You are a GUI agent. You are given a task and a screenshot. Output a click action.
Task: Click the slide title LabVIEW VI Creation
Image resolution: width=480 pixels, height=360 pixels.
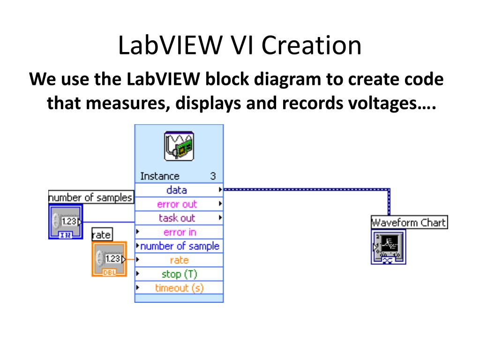(240, 46)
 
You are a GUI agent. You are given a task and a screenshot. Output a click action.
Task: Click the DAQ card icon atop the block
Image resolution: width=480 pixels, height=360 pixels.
(179, 146)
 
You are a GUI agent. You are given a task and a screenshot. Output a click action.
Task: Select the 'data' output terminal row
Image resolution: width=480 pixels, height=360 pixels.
(177, 190)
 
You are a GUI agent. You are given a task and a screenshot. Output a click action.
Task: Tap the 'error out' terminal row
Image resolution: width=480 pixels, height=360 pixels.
(177, 204)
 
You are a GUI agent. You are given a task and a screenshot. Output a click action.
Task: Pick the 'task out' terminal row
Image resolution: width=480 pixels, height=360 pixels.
(177, 218)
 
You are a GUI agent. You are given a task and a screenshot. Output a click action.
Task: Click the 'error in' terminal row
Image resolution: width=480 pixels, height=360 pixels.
(180, 232)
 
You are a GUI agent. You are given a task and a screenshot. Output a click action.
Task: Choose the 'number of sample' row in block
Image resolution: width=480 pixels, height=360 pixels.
(180, 246)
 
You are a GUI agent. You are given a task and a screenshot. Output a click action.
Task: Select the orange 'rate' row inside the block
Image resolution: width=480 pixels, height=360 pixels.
(180, 260)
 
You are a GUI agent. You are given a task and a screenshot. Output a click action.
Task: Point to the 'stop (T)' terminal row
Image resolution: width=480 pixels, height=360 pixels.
(180, 274)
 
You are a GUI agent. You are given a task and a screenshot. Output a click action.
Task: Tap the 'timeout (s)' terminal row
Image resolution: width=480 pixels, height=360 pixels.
(180, 288)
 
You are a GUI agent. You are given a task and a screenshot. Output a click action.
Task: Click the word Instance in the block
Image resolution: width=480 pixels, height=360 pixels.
(160, 176)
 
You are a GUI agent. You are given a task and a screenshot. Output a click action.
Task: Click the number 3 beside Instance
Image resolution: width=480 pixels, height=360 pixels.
(213, 176)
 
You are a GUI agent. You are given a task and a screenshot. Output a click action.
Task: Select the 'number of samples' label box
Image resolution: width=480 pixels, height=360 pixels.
(91, 197)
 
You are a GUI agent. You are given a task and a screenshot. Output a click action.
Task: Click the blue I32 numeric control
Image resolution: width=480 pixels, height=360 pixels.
(66, 222)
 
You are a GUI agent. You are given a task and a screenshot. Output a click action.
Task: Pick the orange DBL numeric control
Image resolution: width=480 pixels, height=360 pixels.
(108, 259)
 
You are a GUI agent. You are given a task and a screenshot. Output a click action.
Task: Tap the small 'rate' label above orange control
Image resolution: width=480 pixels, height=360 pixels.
(102, 234)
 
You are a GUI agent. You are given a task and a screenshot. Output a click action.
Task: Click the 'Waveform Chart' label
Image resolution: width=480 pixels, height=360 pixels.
(409, 222)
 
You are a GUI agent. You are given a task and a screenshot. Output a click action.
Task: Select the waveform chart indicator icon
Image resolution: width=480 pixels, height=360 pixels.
(389, 247)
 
